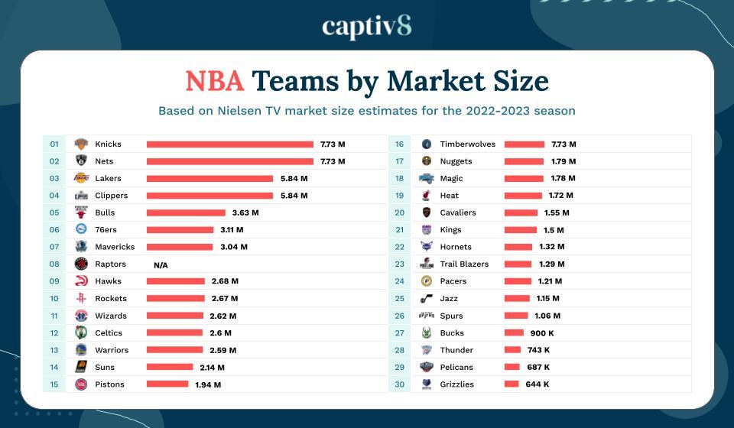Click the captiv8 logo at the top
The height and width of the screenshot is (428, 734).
(x=367, y=26)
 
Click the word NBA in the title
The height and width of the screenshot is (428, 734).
(x=215, y=80)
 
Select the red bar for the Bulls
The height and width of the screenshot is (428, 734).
(x=186, y=212)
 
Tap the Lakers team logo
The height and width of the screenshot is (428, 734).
(x=81, y=178)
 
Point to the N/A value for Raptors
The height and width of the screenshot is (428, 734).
(x=161, y=264)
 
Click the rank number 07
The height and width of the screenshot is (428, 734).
(x=54, y=247)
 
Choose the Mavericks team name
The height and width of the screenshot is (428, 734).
(x=115, y=247)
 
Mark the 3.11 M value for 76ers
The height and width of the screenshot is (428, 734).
(x=232, y=230)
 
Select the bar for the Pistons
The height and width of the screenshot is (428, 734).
(x=167, y=384)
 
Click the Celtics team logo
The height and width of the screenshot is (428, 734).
(x=81, y=332)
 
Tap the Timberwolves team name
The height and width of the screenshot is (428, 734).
(x=468, y=144)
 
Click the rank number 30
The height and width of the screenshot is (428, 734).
(x=399, y=384)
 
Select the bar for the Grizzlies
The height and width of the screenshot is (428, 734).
(x=512, y=384)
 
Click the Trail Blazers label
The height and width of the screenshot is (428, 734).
(x=464, y=264)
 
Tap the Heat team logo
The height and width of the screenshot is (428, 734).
(x=427, y=196)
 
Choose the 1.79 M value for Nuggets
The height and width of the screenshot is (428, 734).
(x=563, y=161)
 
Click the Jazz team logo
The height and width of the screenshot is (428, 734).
(x=427, y=298)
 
